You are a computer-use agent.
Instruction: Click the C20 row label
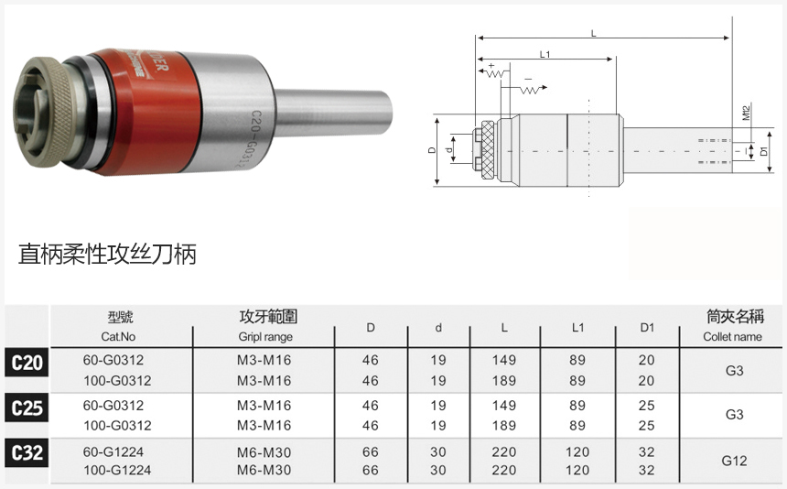(x=27, y=363)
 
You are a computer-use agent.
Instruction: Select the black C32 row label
(x=27, y=453)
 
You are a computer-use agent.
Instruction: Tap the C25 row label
(x=27, y=407)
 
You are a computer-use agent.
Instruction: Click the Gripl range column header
(x=265, y=337)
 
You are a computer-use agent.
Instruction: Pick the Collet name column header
(x=732, y=337)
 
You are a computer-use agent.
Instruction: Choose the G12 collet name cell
(x=734, y=461)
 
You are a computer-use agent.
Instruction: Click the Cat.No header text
(x=118, y=337)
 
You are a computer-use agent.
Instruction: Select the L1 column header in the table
(x=577, y=328)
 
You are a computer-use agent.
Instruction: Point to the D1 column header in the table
(x=647, y=328)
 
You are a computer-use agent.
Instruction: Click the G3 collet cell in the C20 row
(x=734, y=371)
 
